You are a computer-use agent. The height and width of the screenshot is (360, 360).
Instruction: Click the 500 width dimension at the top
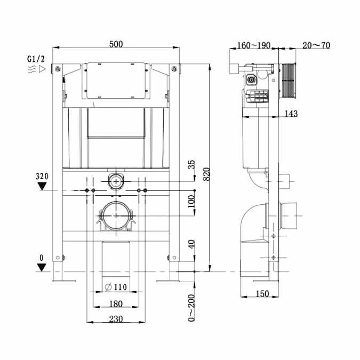(x=116, y=45)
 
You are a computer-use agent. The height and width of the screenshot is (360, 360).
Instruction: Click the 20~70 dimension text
(x=316, y=45)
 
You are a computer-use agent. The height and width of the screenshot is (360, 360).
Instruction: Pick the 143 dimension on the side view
(x=291, y=113)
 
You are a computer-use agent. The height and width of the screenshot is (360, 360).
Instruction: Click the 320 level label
(x=42, y=175)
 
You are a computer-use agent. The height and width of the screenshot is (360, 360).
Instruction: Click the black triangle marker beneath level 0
(x=42, y=267)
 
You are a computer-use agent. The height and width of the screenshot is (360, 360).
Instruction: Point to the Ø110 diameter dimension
(x=116, y=287)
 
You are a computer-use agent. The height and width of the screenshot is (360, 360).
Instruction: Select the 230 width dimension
(x=116, y=319)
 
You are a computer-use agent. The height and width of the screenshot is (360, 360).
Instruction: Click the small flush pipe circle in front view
(x=115, y=181)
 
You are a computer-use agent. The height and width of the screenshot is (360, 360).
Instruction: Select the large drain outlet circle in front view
(x=115, y=216)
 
